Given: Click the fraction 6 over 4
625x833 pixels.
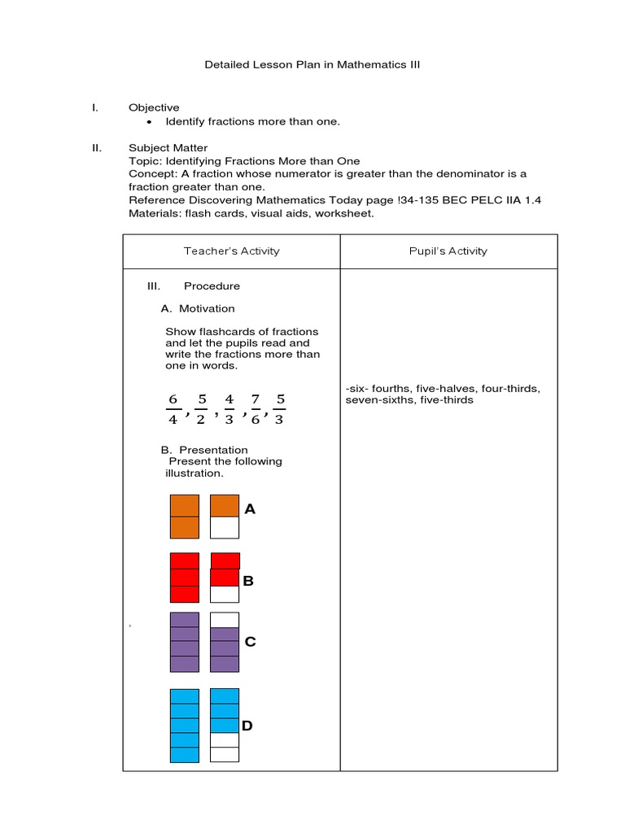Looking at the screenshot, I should [173, 409].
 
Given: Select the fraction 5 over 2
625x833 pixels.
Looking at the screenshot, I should [201, 409].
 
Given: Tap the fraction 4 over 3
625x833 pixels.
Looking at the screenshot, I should [229, 409].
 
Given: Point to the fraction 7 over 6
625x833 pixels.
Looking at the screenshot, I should [255, 409].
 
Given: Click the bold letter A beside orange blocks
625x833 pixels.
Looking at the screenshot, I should [250, 509].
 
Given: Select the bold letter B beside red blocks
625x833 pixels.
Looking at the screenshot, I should [249, 581].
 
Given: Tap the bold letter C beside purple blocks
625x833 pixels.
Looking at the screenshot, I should [250, 642].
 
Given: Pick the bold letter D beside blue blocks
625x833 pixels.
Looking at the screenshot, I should [247, 726].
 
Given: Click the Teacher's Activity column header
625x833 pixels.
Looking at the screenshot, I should [231, 251].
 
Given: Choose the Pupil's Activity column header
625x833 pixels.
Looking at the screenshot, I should [448, 251].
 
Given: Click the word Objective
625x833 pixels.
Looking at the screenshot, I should [154, 107].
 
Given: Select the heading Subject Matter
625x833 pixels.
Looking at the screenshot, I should [168, 148].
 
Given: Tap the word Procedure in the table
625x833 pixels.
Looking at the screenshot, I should [212, 286].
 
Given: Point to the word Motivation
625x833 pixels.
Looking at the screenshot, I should [207, 308].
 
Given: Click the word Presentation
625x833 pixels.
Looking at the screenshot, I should [213, 450].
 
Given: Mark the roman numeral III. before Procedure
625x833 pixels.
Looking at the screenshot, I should [154, 286].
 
